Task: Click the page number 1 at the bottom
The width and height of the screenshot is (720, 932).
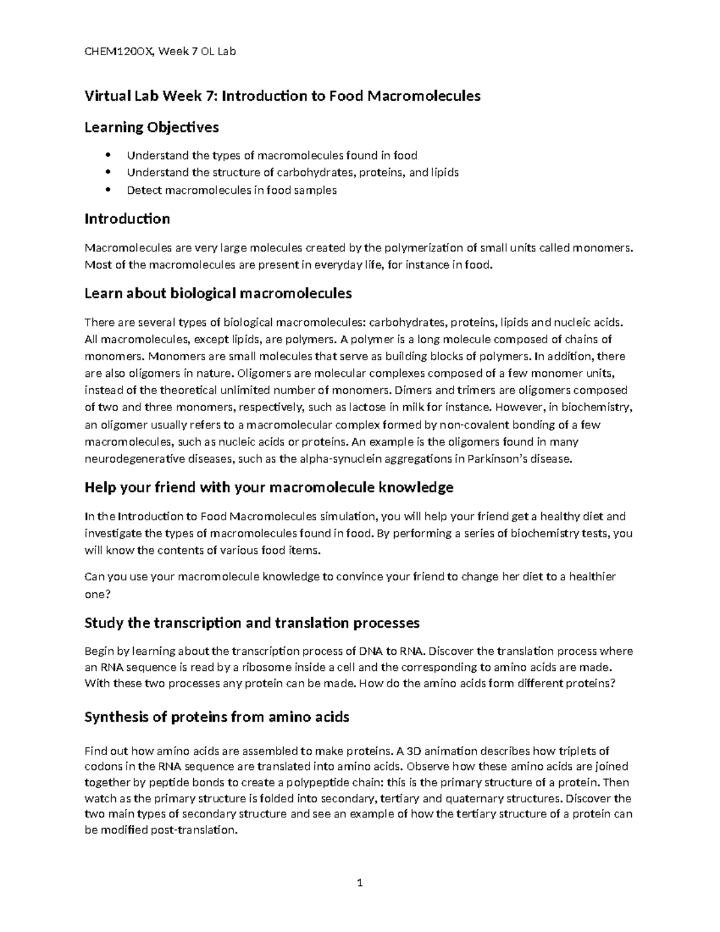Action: [359, 882]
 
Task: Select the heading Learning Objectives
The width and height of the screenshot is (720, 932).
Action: [151, 127]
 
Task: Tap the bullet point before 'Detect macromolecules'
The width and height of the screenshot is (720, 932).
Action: [108, 190]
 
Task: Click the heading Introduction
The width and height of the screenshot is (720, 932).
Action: [127, 218]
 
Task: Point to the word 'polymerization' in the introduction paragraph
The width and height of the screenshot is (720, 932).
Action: [423, 248]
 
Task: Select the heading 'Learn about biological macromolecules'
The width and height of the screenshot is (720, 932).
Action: [218, 293]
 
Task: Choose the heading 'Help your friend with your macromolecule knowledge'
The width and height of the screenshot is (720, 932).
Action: [269, 487]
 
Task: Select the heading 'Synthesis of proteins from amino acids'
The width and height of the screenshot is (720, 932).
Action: [217, 717]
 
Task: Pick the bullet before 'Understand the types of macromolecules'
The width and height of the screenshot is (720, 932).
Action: [108, 155]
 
